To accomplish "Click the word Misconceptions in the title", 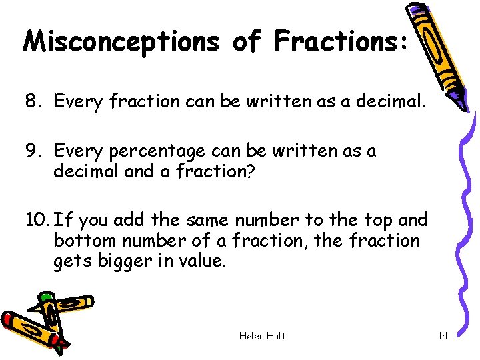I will (121, 41).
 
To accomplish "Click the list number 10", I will (37, 219).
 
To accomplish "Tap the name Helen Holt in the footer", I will (262, 336).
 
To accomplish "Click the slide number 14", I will (443, 336).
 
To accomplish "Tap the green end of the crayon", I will (45, 296).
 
